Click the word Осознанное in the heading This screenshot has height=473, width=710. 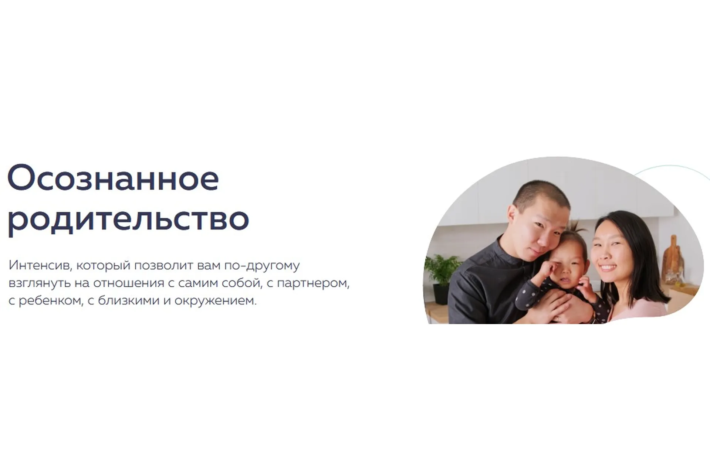pos(113,179)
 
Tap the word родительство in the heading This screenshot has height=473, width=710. pos(128,220)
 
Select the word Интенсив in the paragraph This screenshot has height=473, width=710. pos(38,265)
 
